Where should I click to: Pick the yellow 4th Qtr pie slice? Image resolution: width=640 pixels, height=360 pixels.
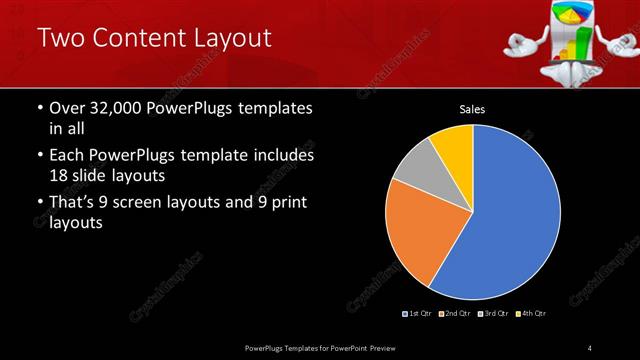coord(455,145)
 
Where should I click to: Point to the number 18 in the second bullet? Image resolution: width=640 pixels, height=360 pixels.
coord(60,175)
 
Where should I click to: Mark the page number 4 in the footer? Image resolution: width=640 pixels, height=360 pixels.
coord(590,347)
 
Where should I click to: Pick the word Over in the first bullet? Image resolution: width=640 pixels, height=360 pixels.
coord(68,108)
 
